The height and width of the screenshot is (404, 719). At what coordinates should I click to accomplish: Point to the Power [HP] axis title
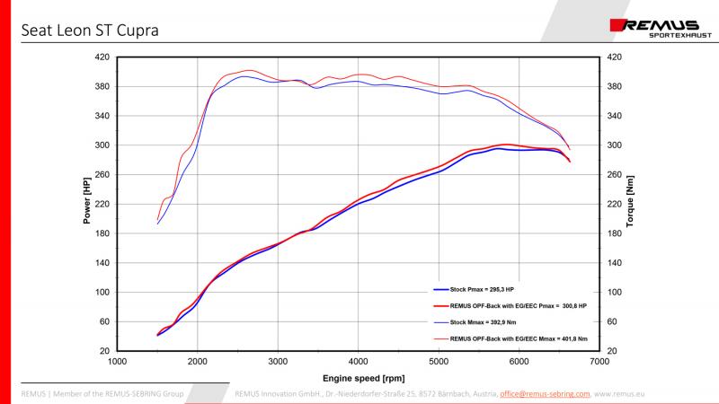tap(87, 202)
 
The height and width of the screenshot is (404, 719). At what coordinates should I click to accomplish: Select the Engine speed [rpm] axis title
tap(358, 377)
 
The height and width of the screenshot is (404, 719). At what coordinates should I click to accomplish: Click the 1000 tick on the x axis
tap(117, 362)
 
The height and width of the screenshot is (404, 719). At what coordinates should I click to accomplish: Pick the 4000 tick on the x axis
tap(358, 362)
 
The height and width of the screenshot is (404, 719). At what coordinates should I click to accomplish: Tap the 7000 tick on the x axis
tap(599, 362)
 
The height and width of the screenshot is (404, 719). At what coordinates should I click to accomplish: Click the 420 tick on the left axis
tap(102, 57)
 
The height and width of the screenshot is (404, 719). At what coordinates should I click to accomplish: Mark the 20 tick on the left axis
tap(104, 351)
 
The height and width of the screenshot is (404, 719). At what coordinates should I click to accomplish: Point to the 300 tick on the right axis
tap(615, 145)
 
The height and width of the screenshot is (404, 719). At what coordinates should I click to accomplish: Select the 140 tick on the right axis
tap(615, 263)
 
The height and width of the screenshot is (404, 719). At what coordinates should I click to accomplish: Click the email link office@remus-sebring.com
tap(545, 393)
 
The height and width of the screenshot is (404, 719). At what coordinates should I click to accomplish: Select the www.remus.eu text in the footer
tap(618, 393)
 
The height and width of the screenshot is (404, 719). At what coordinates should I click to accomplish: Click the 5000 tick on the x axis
tap(439, 362)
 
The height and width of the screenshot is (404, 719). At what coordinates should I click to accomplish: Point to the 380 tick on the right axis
tap(615, 86)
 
